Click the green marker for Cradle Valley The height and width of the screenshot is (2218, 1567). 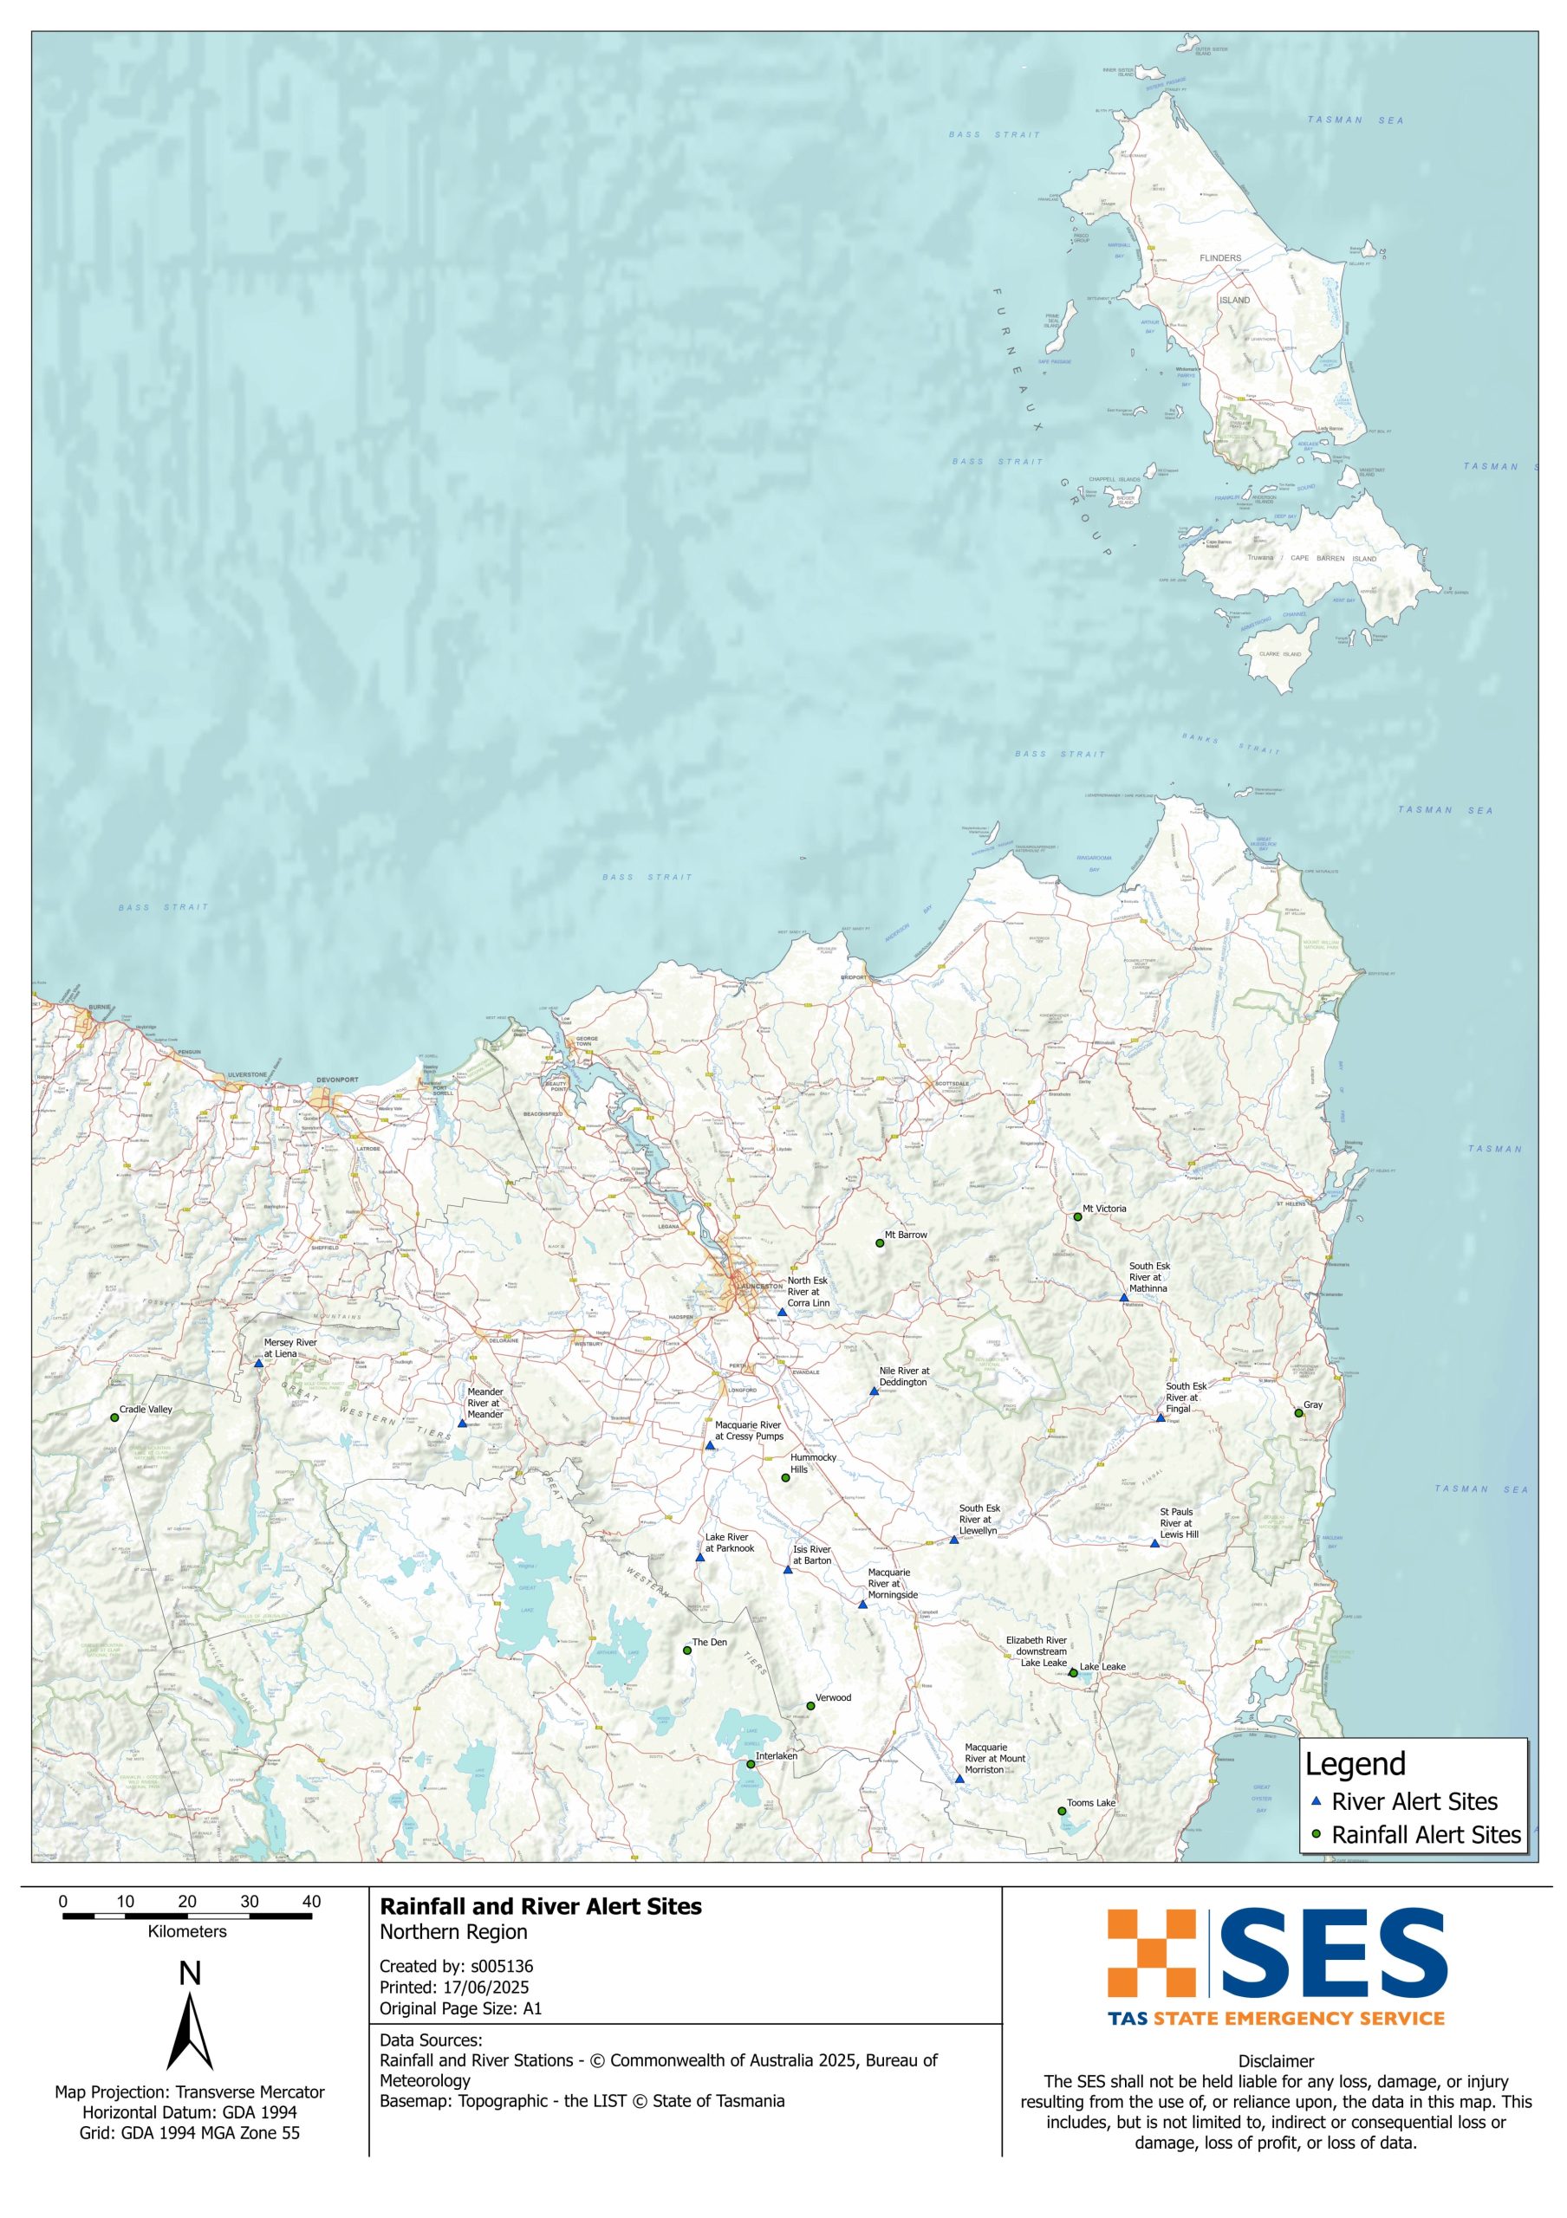coord(114,1417)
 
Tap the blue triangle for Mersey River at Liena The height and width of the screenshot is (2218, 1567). coord(258,1363)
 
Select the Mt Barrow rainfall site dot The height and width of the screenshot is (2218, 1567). coord(879,1243)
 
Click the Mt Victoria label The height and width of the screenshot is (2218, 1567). coord(1103,1209)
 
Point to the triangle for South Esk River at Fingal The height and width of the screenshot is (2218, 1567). coord(1161,1418)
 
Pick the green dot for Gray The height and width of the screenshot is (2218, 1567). coord(1298,1413)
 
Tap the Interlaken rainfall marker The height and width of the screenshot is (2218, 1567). coord(751,1764)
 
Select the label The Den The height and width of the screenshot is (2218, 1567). coord(709,1642)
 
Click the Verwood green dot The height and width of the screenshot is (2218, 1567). coord(810,1706)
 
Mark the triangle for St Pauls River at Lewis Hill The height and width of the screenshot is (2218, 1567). coord(1154,1544)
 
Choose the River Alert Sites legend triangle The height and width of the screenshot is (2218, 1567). coord(1316,1801)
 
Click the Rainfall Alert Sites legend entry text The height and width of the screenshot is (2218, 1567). coord(1426,1834)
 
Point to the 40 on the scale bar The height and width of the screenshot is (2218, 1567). coord(311,1901)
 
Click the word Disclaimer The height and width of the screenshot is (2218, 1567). coord(1275,2060)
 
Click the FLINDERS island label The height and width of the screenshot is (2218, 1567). coord(1220,258)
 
